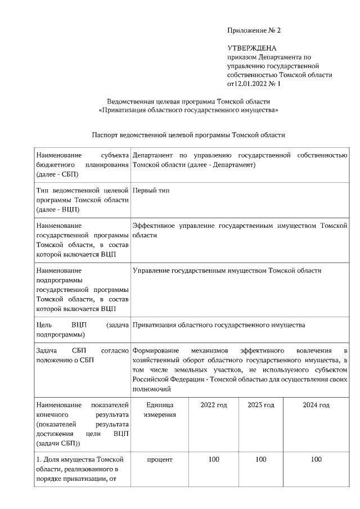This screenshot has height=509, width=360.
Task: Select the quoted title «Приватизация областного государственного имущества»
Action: click(188, 110)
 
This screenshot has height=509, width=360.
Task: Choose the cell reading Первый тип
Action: click(151, 191)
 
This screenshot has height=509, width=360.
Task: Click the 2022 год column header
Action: click(213, 405)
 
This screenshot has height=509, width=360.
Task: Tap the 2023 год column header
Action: click(260, 405)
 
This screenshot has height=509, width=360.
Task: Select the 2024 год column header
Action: click(316, 405)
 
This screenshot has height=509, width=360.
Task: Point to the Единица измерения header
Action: click(159, 409)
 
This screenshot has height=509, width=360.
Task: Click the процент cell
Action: click(159, 460)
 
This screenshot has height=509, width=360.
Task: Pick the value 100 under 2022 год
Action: click(213, 460)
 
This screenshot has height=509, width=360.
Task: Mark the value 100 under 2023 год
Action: click(260, 460)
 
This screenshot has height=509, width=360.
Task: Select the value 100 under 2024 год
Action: click(316, 460)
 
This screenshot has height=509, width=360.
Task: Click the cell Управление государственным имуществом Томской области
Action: click(227, 271)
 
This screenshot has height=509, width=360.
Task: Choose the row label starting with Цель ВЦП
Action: click(82, 330)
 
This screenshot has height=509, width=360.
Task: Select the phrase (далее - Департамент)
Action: click(221, 165)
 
